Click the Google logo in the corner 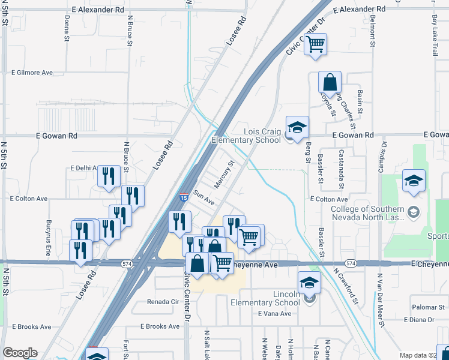(20, 352)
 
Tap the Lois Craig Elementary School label (246, 136)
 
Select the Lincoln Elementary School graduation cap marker (309, 282)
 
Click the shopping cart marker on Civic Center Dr (315, 44)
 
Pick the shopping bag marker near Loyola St (330, 82)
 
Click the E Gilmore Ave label (32, 73)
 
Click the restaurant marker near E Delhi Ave (108, 176)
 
